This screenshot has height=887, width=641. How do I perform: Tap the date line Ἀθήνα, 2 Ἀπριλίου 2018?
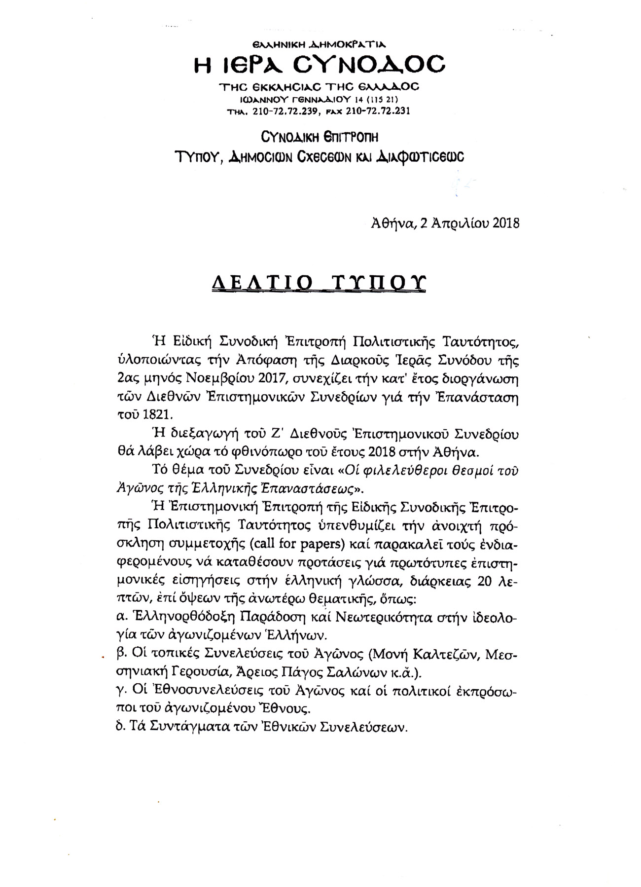[x=445, y=223]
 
